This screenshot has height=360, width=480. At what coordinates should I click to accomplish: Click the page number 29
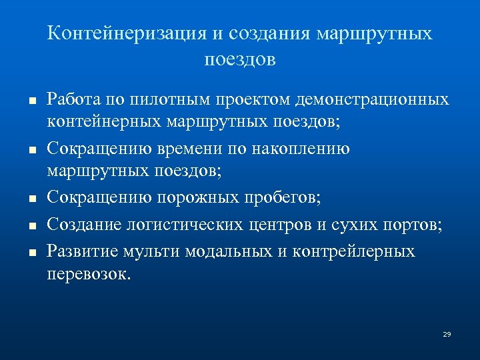[447, 333]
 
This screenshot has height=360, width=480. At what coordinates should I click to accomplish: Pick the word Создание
[84, 223]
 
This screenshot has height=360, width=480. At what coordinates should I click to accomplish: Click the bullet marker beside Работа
[22, 99]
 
